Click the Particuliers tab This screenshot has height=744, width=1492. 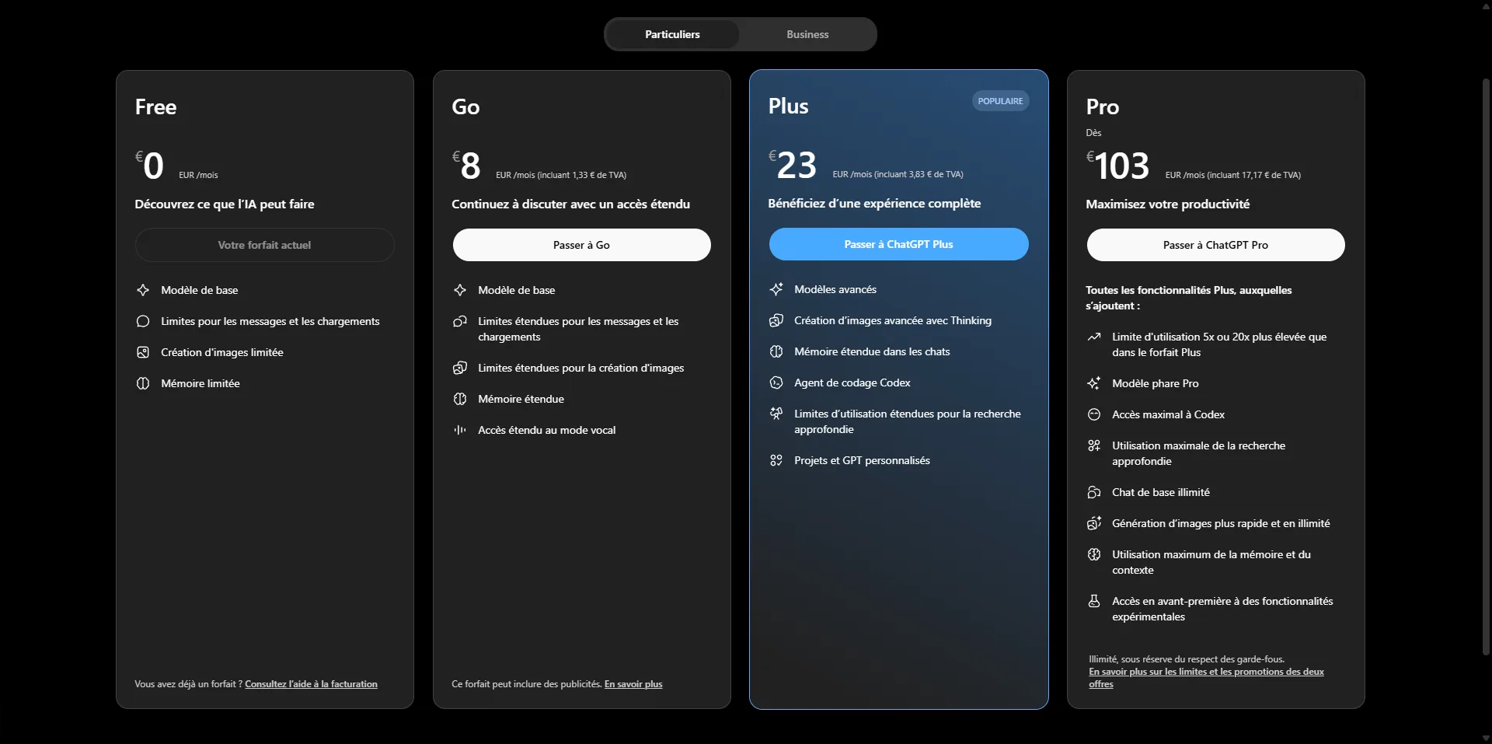672,34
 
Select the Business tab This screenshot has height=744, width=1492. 807,34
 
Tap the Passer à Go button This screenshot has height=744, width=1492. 581,245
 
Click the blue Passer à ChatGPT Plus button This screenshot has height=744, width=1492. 898,244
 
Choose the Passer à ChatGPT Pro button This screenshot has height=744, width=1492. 1215,245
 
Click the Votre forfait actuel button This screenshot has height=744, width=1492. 264,245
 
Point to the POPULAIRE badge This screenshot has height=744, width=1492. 1000,101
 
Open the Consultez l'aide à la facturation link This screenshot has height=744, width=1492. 311,684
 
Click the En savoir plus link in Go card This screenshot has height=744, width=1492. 633,684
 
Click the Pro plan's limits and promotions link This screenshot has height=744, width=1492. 1206,672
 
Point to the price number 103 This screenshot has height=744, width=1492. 1121,166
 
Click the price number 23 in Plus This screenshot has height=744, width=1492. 797,166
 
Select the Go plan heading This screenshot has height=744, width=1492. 465,107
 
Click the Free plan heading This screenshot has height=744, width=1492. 155,107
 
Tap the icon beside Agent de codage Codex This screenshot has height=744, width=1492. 776,382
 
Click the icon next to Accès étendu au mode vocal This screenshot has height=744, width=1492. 460,430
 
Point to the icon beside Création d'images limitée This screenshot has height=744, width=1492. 143,352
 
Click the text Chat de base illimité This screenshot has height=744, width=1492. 1161,492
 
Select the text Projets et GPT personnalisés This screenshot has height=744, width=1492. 862,460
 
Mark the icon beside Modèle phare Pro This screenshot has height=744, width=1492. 1094,383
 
